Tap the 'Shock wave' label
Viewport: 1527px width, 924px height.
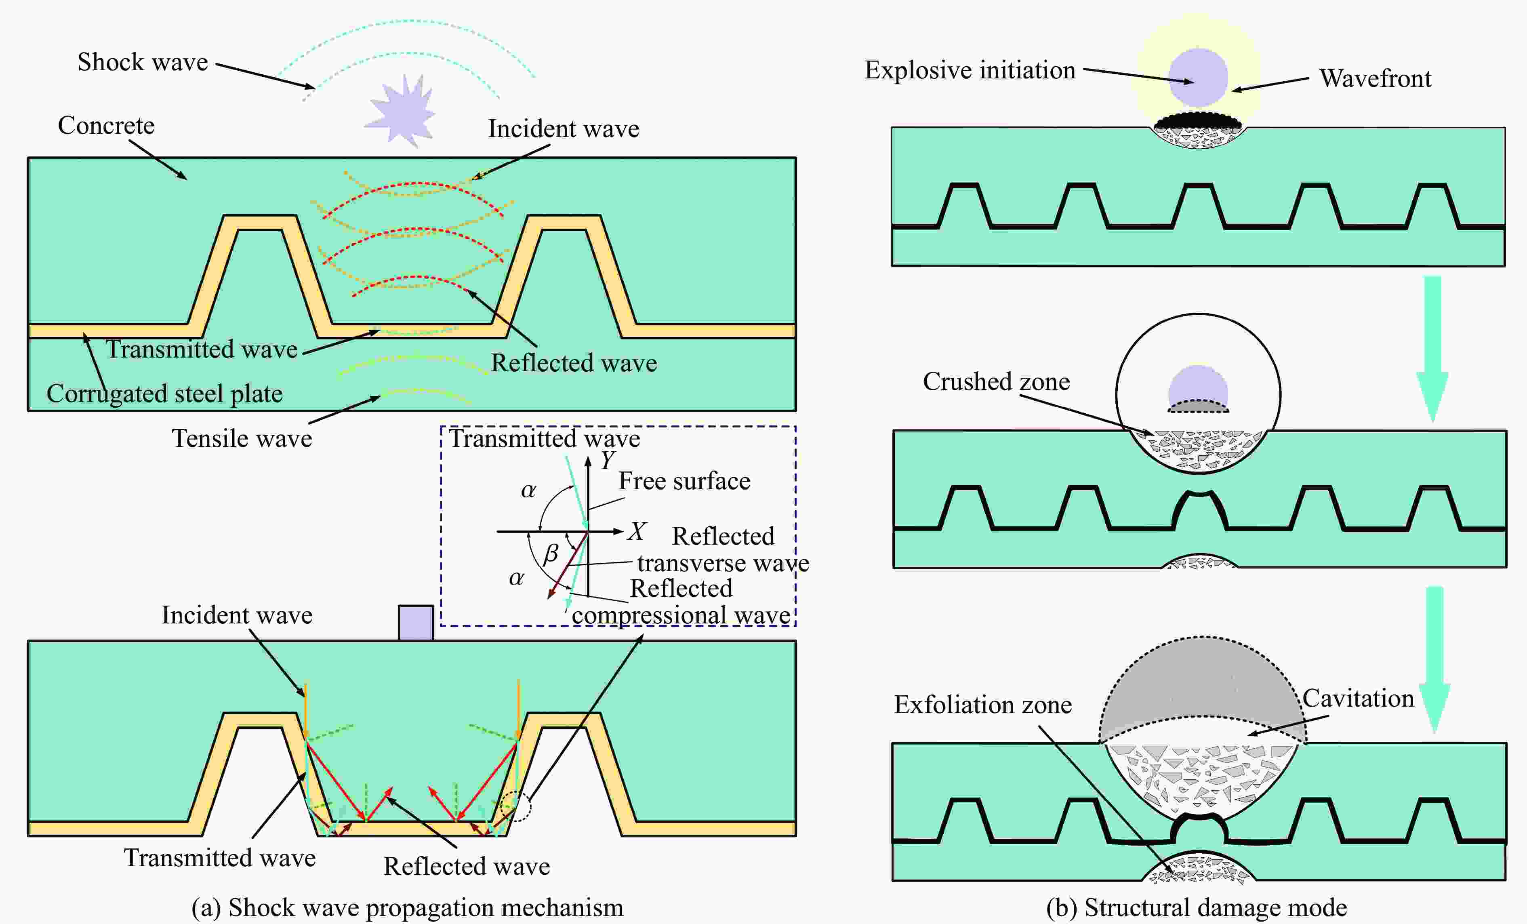pyautogui.click(x=143, y=62)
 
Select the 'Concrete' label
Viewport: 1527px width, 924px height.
pyautogui.click(x=106, y=125)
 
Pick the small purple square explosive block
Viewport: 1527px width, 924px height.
pyautogui.click(x=416, y=622)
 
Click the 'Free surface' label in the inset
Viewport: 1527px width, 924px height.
pyautogui.click(x=684, y=481)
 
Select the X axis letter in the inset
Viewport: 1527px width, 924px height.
pyautogui.click(x=637, y=531)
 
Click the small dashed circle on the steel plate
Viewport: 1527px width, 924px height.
pyautogui.click(x=515, y=806)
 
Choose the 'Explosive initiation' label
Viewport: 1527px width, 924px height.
pyautogui.click(x=970, y=70)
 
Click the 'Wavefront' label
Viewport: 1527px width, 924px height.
pyautogui.click(x=1375, y=79)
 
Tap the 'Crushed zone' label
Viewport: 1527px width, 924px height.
pyautogui.click(x=996, y=382)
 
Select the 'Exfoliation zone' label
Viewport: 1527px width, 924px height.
pyautogui.click(x=983, y=705)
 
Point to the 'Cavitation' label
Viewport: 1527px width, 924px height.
pyautogui.click(x=1358, y=699)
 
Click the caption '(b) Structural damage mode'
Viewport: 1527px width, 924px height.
pyautogui.click(x=1196, y=907)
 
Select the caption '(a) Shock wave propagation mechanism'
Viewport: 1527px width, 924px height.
pyautogui.click(x=407, y=907)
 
